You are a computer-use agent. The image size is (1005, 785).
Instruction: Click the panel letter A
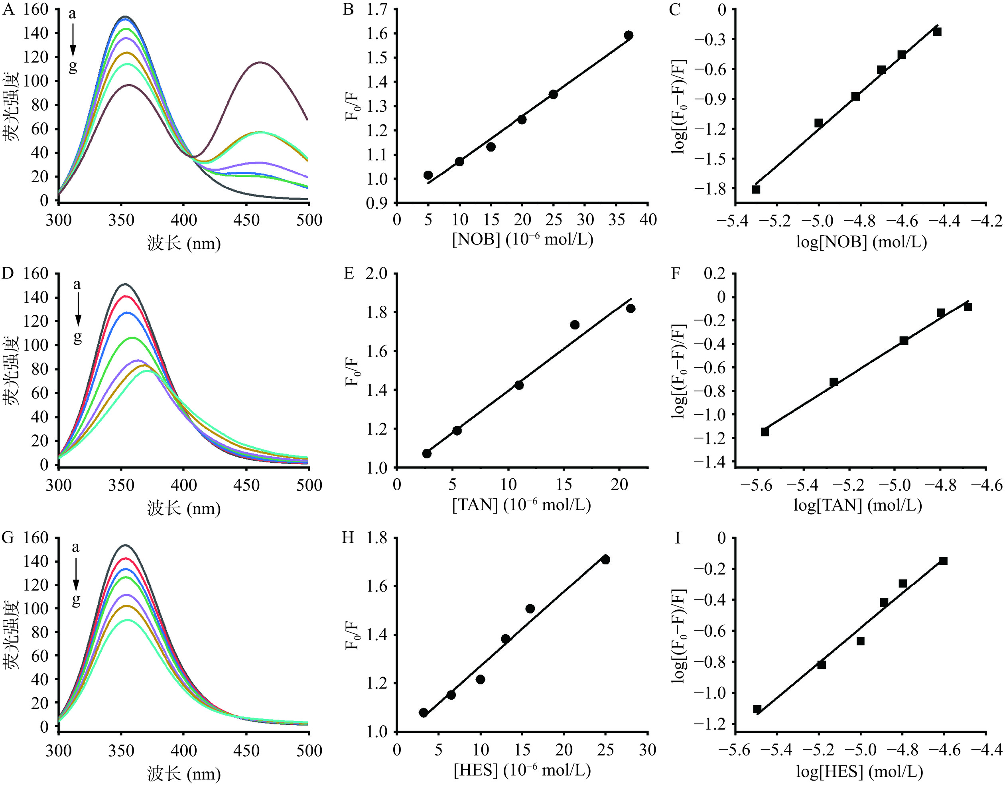pos(8,9)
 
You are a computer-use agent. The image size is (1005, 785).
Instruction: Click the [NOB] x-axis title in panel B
pos(522,240)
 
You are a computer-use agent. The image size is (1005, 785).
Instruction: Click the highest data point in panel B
pos(629,35)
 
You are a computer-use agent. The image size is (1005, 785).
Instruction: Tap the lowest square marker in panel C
pos(756,189)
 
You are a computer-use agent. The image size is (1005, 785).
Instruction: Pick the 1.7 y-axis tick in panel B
pos(377,9)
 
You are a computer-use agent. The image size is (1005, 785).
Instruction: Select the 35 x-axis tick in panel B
pos(617,220)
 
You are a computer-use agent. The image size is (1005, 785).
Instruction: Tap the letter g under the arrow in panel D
pos(77,338)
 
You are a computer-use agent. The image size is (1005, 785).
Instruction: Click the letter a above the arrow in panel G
pos(75,548)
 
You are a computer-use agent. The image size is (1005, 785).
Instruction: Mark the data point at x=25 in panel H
pos(605,560)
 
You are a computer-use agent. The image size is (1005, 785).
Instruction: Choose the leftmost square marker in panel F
pos(765,432)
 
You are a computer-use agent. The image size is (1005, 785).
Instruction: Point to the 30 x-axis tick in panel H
pos(647,749)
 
